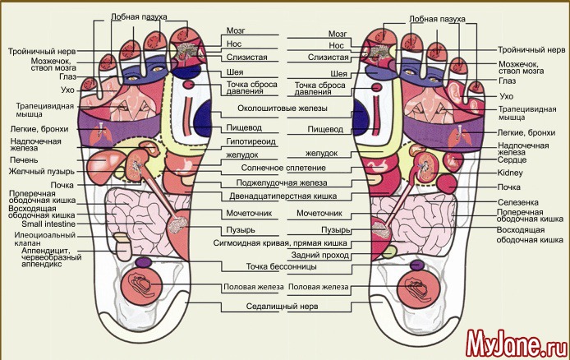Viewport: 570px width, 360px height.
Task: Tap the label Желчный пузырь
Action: coord(42,172)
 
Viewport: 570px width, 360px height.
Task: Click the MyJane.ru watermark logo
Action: coord(513,339)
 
